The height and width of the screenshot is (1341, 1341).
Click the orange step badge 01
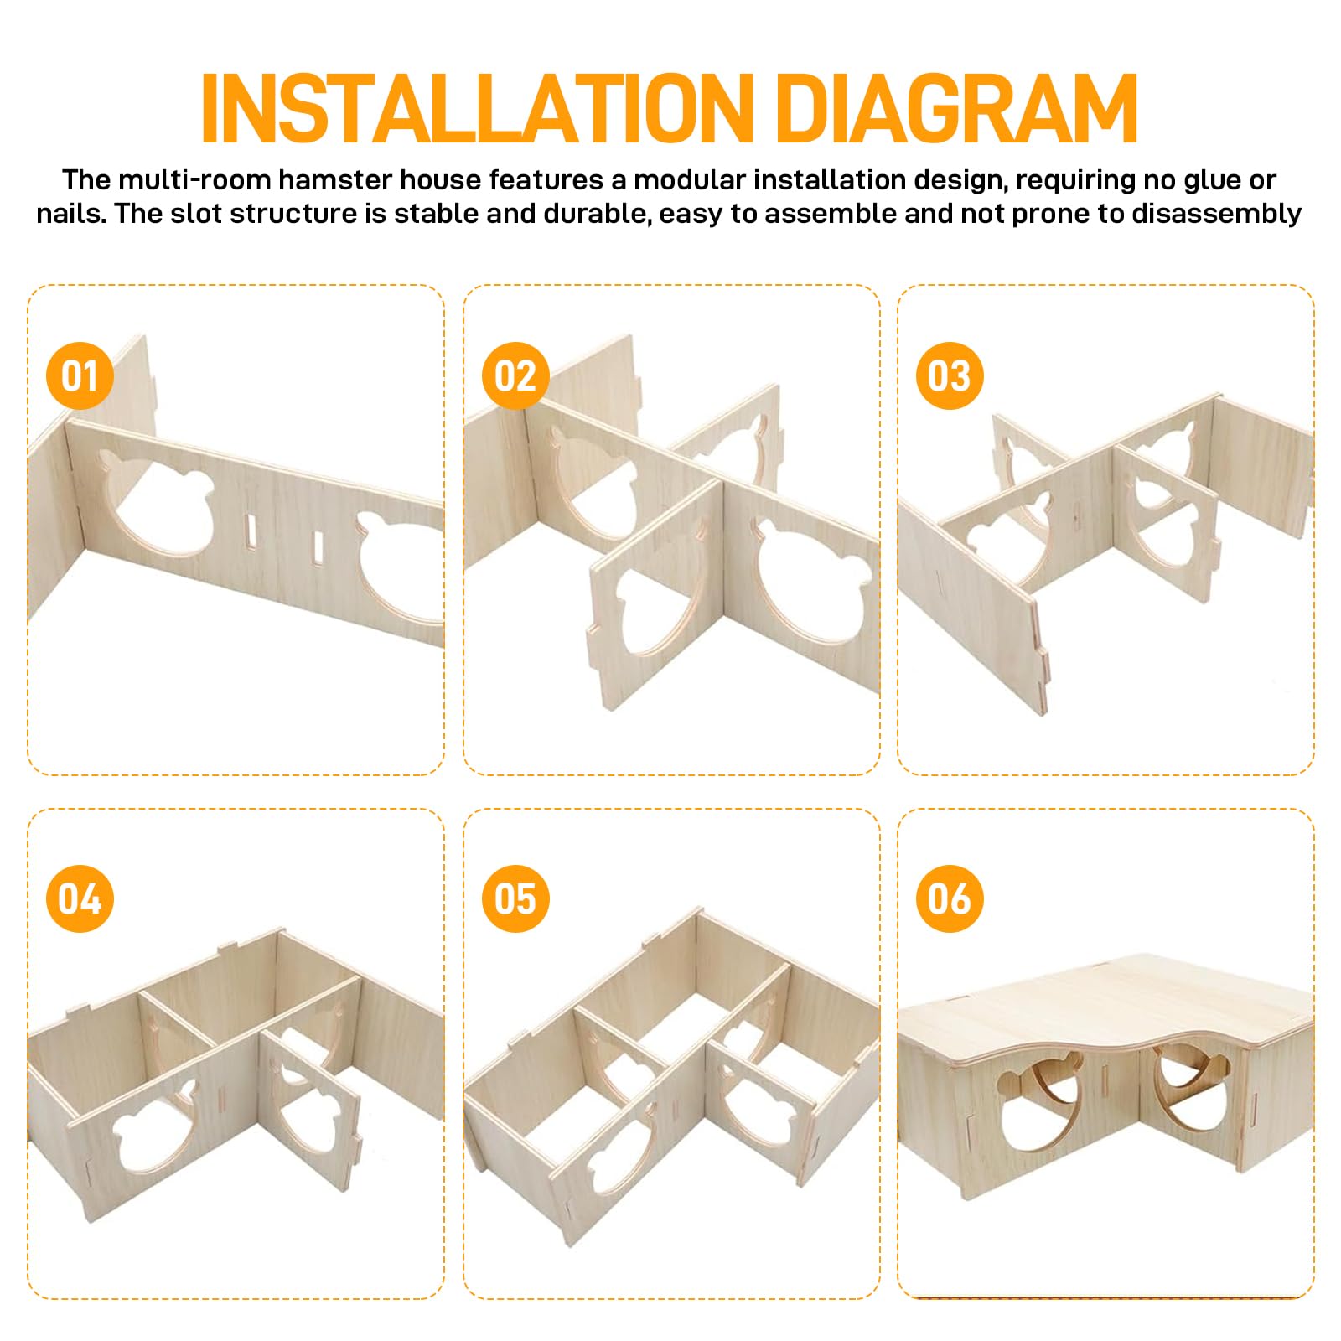pyautogui.click(x=80, y=376)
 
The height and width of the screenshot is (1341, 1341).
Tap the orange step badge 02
pyautogui.click(x=515, y=376)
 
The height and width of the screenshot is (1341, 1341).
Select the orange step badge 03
pyautogui.click(x=950, y=376)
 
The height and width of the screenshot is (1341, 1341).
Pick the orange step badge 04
pyautogui.click(x=80, y=899)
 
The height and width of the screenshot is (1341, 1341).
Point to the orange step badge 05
pyautogui.click(x=515, y=899)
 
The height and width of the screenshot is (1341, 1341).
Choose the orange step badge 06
pyautogui.click(x=950, y=899)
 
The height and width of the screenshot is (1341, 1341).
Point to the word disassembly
pyautogui.click(x=1216, y=215)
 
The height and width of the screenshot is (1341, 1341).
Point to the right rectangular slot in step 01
pyautogui.click(x=318, y=546)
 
